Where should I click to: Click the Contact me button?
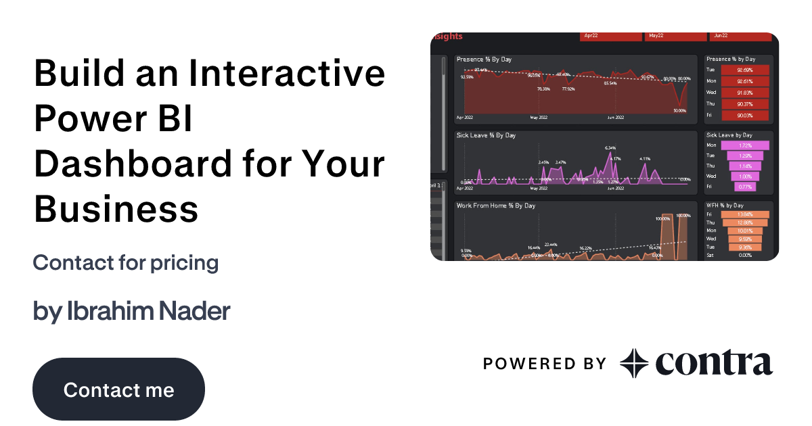(x=118, y=389)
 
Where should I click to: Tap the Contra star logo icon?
(x=633, y=363)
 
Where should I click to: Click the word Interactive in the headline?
(x=288, y=73)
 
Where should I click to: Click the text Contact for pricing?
(x=125, y=262)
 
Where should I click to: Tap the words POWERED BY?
(x=544, y=364)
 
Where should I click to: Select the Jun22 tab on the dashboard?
(x=740, y=36)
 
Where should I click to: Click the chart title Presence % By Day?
(x=484, y=60)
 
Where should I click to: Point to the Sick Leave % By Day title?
(x=486, y=135)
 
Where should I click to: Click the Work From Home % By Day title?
(x=496, y=206)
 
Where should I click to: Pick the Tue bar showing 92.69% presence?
(x=745, y=70)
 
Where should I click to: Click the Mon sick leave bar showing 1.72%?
(x=745, y=145)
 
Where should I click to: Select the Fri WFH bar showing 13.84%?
(x=745, y=214)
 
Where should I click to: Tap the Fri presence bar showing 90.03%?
(x=745, y=116)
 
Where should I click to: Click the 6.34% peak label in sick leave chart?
(x=610, y=147)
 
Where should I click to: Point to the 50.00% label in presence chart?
(x=679, y=111)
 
